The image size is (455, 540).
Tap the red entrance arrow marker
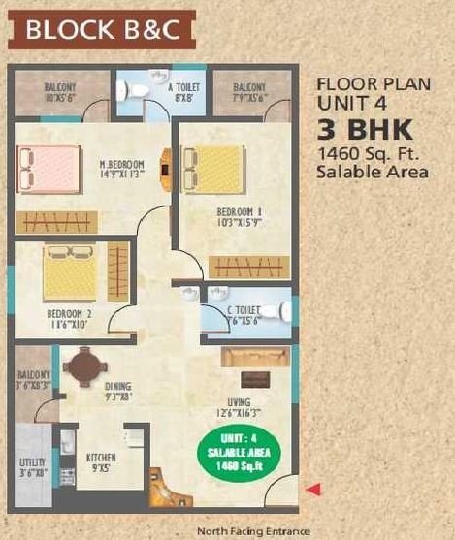click(312, 491)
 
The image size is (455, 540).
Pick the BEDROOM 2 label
click(69, 314)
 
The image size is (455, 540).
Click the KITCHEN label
click(102, 458)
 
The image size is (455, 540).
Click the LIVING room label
click(237, 402)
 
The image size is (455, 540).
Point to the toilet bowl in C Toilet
click(280, 311)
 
